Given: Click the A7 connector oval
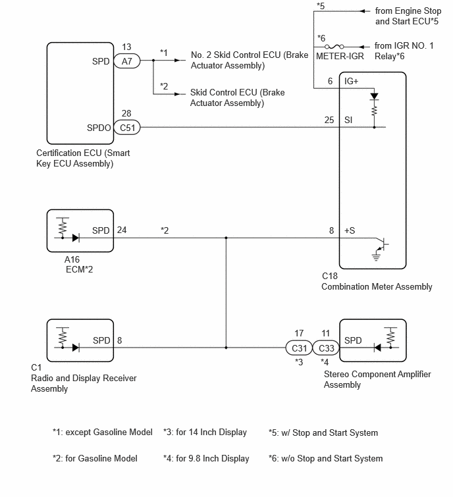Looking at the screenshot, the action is [127, 61].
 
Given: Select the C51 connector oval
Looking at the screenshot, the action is [127, 128].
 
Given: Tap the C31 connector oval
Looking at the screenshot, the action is [299, 348].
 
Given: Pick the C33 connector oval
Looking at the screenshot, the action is [326, 348].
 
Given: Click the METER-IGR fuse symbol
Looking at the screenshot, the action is [334, 47].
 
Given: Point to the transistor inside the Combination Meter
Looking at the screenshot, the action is [383, 244].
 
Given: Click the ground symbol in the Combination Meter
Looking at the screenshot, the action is [376, 257].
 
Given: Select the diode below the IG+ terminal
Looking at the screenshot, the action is [375, 96].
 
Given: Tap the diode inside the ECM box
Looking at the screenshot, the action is [76, 238].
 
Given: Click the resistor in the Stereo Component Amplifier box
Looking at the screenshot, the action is [390, 336].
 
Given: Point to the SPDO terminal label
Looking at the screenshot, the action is [99, 128].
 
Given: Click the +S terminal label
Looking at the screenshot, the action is [350, 230].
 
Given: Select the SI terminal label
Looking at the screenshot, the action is [348, 120].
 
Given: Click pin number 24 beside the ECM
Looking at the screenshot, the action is [122, 230].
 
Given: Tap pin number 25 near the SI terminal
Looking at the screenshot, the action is [329, 120].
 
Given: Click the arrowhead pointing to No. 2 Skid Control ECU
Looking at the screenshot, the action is [178, 60].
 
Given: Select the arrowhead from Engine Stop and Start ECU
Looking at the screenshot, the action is [362, 11].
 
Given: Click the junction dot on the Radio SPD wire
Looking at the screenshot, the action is [226, 348].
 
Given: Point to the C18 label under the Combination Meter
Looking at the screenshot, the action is [330, 276].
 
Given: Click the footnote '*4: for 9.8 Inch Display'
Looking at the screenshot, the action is [206, 459].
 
